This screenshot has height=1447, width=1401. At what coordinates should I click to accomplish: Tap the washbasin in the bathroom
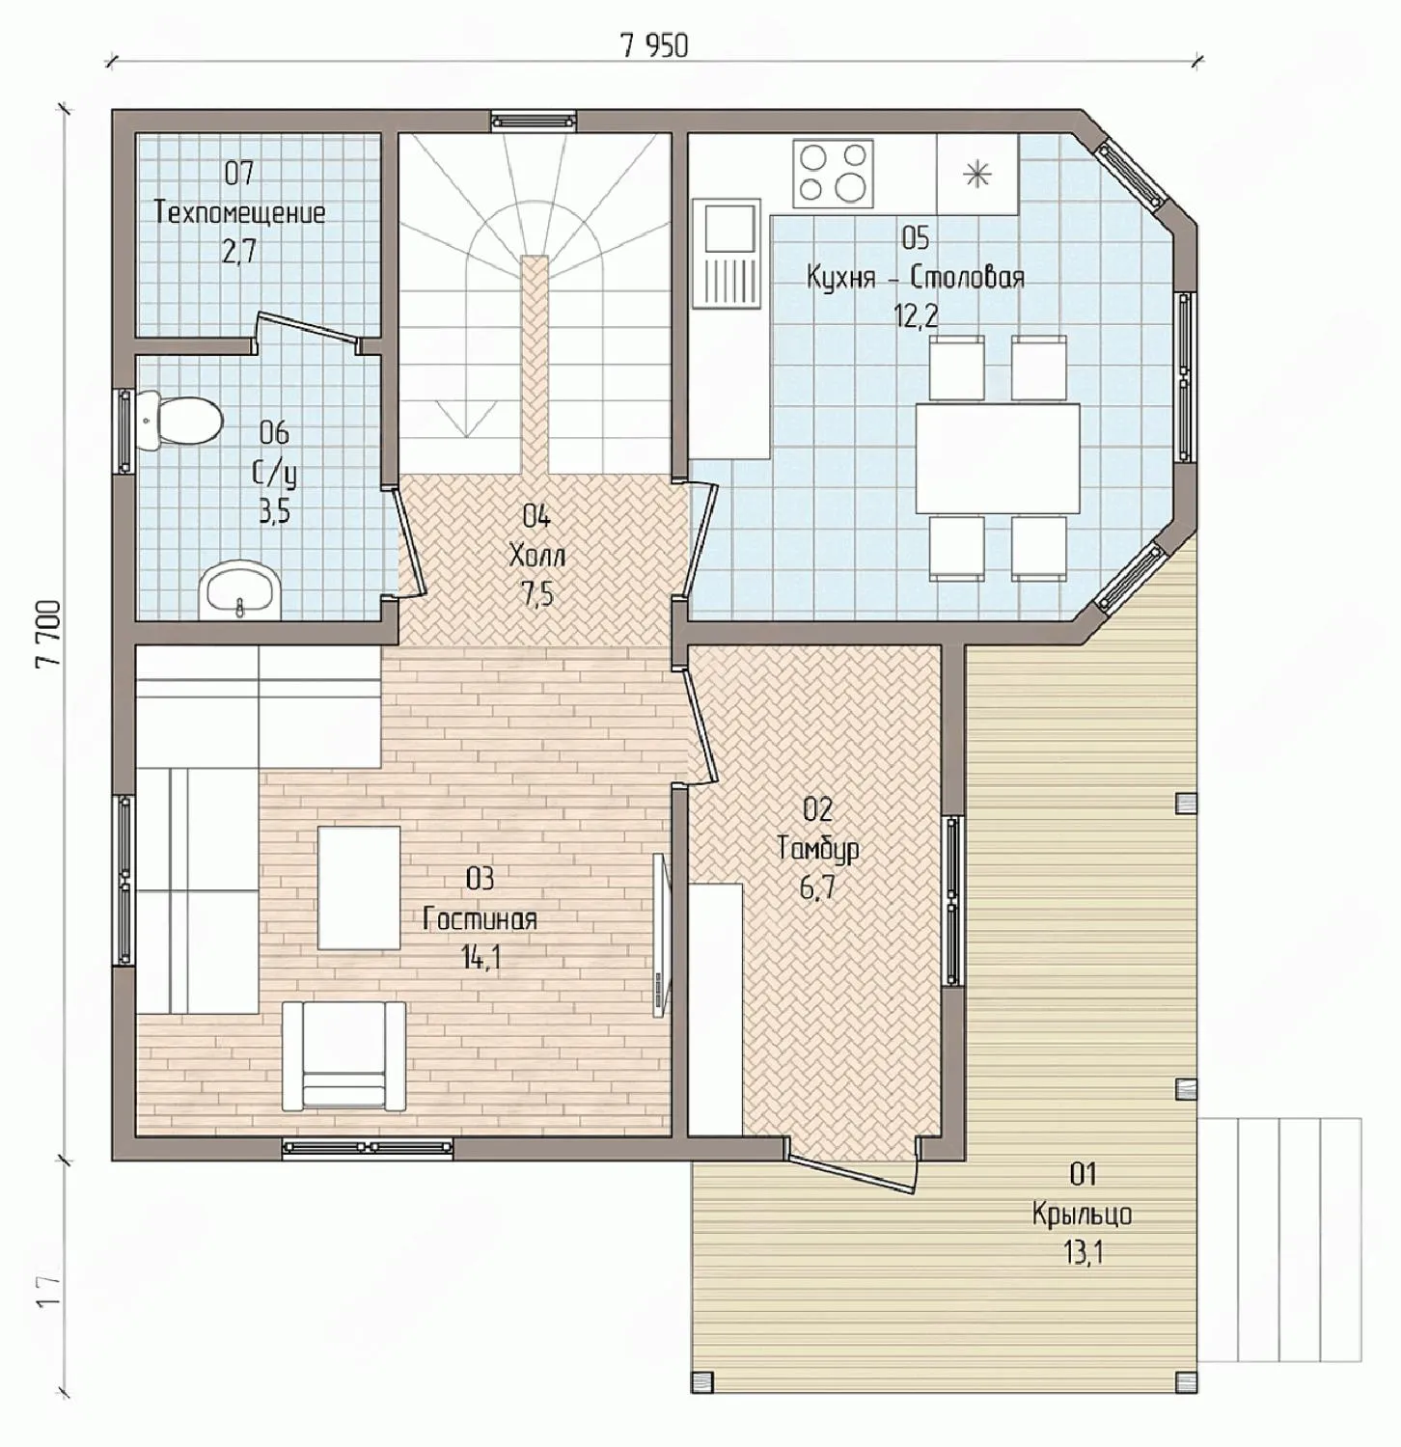pyautogui.click(x=240, y=590)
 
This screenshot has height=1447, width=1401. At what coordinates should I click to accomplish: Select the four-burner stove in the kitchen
pyautogui.click(x=834, y=174)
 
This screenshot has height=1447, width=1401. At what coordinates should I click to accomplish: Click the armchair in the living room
pyautogui.click(x=343, y=1055)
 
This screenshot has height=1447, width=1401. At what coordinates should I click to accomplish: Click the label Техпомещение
pyautogui.click(x=240, y=212)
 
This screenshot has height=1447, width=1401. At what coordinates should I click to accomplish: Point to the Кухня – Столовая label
pyautogui.click(x=915, y=278)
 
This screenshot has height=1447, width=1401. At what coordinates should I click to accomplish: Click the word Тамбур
pyautogui.click(x=818, y=848)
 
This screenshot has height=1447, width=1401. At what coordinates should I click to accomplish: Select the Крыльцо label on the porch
pyautogui.click(x=1082, y=1214)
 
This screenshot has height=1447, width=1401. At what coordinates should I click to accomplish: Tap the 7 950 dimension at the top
pyautogui.click(x=655, y=45)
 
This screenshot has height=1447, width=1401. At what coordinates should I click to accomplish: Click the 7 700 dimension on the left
pyautogui.click(x=47, y=634)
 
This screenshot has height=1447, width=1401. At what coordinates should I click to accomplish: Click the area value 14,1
pyautogui.click(x=481, y=959)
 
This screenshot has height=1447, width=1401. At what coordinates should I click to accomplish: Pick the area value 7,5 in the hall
pyautogui.click(x=537, y=595)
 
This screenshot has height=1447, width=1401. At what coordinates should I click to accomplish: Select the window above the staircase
pyautogui.click(x=533, y=121)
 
